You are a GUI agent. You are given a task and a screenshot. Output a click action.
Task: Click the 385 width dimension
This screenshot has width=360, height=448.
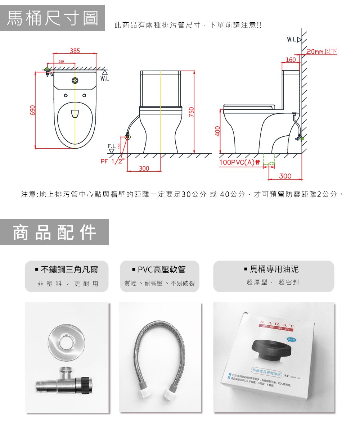click(x=75, y=51)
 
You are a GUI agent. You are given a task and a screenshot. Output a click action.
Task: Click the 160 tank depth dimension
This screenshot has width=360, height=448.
click(x=290, y=60)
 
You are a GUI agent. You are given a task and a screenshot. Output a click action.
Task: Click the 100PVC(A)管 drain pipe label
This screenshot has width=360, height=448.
click(x=240, y=162)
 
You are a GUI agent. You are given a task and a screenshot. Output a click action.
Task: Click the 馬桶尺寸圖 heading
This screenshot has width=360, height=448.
click(x=53, y=18)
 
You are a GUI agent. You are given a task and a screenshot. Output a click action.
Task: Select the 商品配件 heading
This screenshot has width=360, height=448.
click(x=54, y=232)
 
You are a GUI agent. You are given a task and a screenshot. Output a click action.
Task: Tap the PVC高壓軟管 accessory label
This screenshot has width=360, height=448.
click(x=159, y=269)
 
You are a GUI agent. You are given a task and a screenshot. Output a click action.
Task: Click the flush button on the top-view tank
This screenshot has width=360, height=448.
click(x=75, y=81)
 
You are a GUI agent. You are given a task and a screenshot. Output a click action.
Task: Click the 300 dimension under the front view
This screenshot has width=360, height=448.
click(x=144, y=168)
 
